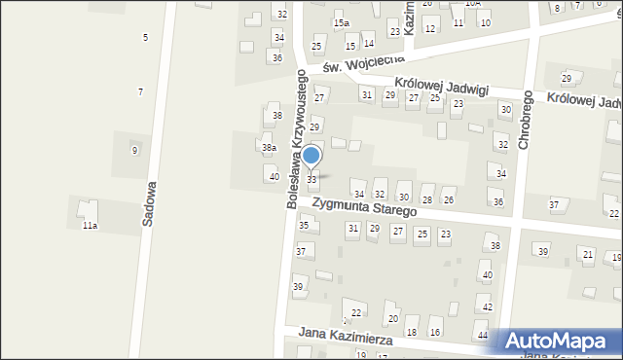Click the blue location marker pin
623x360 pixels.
(311, 156)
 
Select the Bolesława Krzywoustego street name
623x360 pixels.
(295, 138)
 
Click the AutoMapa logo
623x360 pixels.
(559, 341)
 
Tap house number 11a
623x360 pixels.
(89, 225)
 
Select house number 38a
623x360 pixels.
(268, 147)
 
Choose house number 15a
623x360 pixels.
(340, 22)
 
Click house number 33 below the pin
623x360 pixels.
(311, 179)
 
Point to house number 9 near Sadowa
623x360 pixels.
(134, 150)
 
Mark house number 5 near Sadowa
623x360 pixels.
(145, 37)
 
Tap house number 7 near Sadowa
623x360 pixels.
(140, 91)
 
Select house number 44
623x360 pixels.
(483, 335)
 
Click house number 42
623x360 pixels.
(487, 306)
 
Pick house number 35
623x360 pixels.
(303, 225)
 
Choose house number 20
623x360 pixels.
(392, 318)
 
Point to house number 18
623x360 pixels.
(411, 332)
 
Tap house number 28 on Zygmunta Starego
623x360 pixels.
(426, 199)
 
